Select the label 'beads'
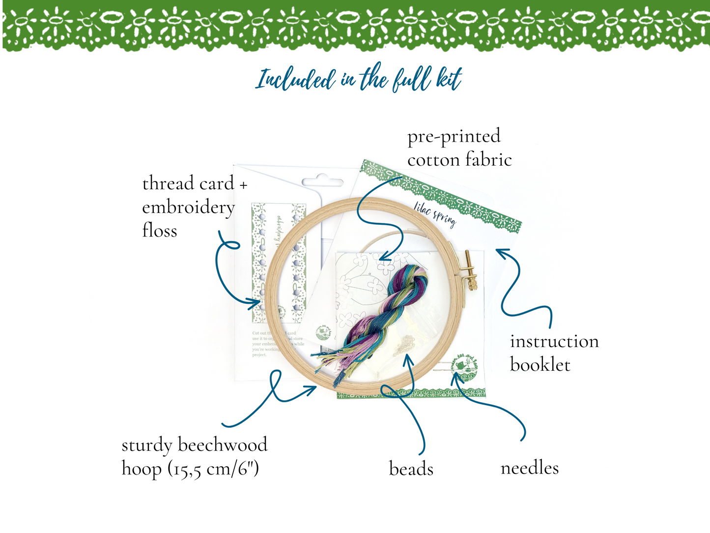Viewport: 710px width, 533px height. click(x=411, y=469)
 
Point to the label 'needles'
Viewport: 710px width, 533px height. click(x=529, y=468)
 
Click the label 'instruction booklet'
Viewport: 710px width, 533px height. click(x=554, y=353)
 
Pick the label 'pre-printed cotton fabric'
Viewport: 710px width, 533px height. click(x=459, y=148)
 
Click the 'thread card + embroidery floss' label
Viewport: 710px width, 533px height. click(x=194, y=207)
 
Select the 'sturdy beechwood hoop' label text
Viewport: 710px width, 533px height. click(x=194, y=456)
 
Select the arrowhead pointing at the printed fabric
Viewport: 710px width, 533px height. click(x=384, y=257)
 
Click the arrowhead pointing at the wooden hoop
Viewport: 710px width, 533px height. click(x=312, y=389)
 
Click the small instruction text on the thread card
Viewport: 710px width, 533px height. click(x=278, y=344)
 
